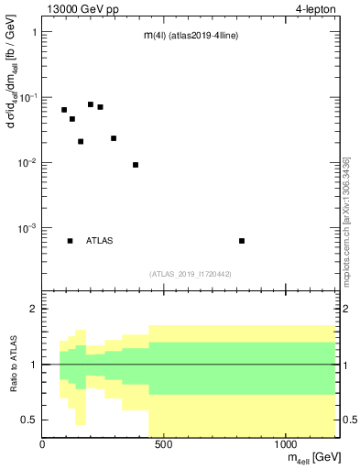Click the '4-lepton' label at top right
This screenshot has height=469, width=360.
click(316, 9)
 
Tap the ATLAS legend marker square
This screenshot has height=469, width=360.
click(70, 241)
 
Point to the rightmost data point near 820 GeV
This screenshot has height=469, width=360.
click(242, 241)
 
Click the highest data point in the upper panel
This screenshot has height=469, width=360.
click(91, 104)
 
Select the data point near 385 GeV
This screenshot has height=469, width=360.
click(136, 165)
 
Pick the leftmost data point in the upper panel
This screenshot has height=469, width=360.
click(64, 110)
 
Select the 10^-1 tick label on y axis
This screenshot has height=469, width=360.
click(27, 97)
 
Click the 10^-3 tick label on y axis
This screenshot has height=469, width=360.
click(27, 228)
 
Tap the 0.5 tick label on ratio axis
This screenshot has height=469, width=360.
click(28, 420)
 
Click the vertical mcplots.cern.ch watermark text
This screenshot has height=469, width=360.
click(345, 220)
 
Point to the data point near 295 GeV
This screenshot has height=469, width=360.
click(114, 138)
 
